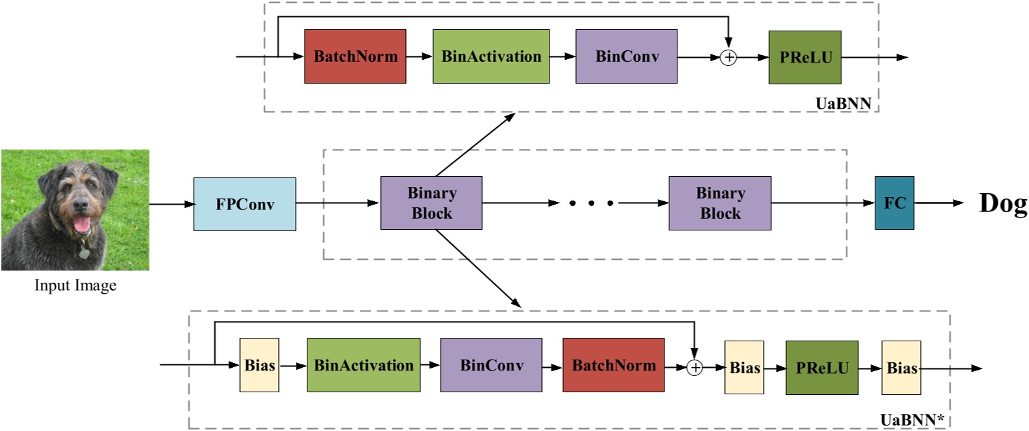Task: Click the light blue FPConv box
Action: tap(245, 203)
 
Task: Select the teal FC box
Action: tap(894, 203)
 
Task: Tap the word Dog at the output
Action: tap(1002, 203)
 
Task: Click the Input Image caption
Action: tap(75, 286)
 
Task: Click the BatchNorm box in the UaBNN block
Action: tap(355, 56)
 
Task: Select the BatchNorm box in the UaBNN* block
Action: tap(613, 365)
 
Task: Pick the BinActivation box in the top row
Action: tap(491, 56)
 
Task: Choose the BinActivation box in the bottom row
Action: tap(363, 366)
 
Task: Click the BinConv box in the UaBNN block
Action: tap(627, 56)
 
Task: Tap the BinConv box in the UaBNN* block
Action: tap(491, 365)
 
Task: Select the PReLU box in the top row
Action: tap(805, 57)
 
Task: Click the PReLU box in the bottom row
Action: tap(822, 368)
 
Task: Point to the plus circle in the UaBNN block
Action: tap(728, 58)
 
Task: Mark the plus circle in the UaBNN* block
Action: tap(694, 368)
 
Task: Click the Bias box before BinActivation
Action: tap(259, 366)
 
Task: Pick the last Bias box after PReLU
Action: tap(901, 368)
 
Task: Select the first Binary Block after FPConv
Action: tap(431, 203)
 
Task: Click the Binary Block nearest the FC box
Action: tap(720, 203)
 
